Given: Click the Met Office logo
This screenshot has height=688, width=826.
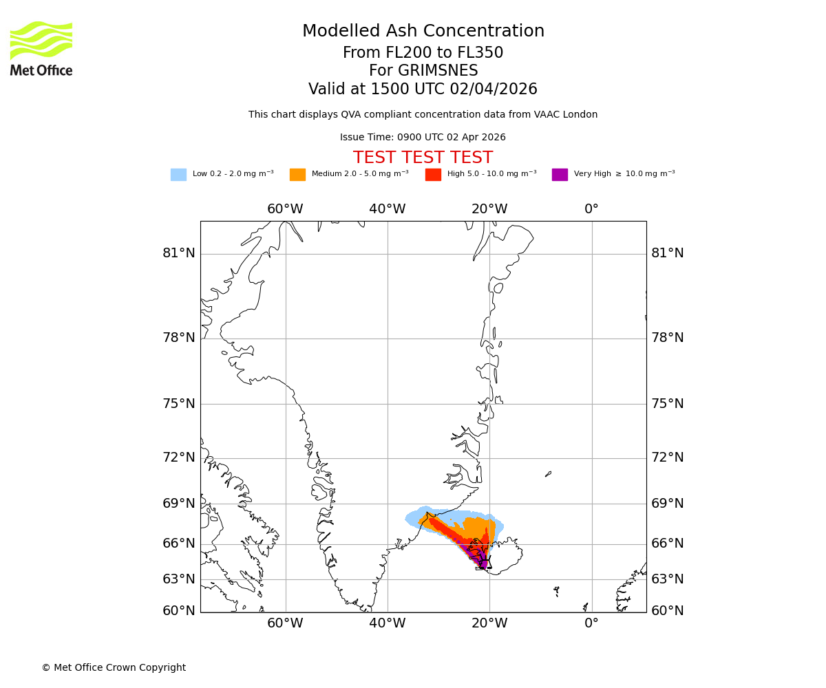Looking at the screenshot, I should [41, 49].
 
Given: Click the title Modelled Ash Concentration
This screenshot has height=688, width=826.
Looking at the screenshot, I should [423, 32].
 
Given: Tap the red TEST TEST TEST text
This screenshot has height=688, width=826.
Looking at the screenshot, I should [423, 158].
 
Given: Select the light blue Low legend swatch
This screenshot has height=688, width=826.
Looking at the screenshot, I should [178, 175].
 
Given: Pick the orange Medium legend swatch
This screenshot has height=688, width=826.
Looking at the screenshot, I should [297, 175].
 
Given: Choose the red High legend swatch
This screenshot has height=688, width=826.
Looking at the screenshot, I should [433, 175].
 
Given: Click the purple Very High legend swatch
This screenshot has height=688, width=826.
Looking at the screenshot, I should [560, 175].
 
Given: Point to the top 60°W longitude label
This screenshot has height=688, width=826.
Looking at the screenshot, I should [285, 209].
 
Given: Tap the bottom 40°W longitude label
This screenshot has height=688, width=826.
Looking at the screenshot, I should [387, 623].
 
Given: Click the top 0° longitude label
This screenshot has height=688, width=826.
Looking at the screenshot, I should [591, 209].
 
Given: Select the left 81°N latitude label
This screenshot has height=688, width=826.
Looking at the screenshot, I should [179, 253].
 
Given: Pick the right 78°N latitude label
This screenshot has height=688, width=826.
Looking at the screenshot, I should [668, 338].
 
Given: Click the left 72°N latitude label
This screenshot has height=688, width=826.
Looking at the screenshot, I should [179, 458].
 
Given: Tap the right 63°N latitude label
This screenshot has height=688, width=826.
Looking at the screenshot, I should [668, 579].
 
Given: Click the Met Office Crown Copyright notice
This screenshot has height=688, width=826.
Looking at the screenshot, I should [114, 667].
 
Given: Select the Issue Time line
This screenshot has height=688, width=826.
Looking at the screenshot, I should [423, 138].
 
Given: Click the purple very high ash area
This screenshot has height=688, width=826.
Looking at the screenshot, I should [483, 561].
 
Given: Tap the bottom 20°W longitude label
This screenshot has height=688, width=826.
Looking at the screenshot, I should [489, 623].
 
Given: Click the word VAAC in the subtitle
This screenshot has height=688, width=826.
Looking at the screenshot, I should [548, 115].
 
